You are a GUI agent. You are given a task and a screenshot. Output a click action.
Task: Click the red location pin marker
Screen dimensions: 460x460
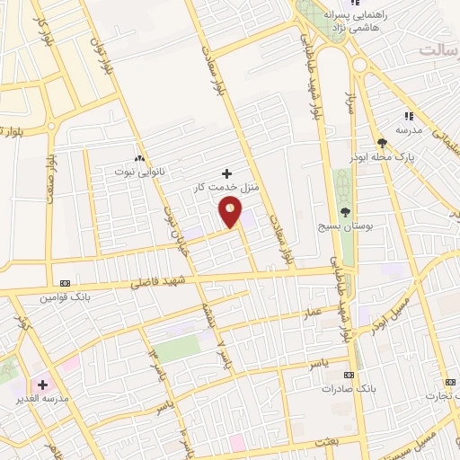pyautogui.click(x=231, y=213)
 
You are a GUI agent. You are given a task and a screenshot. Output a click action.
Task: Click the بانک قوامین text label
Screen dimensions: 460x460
pyautogui.click(x=60, y=295)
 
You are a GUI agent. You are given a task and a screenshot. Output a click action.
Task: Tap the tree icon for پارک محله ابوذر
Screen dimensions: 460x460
pyautogui.click(x=383, y=143)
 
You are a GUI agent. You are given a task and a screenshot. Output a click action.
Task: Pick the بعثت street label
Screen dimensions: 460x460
pyautogui.click(x=324, y=444)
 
